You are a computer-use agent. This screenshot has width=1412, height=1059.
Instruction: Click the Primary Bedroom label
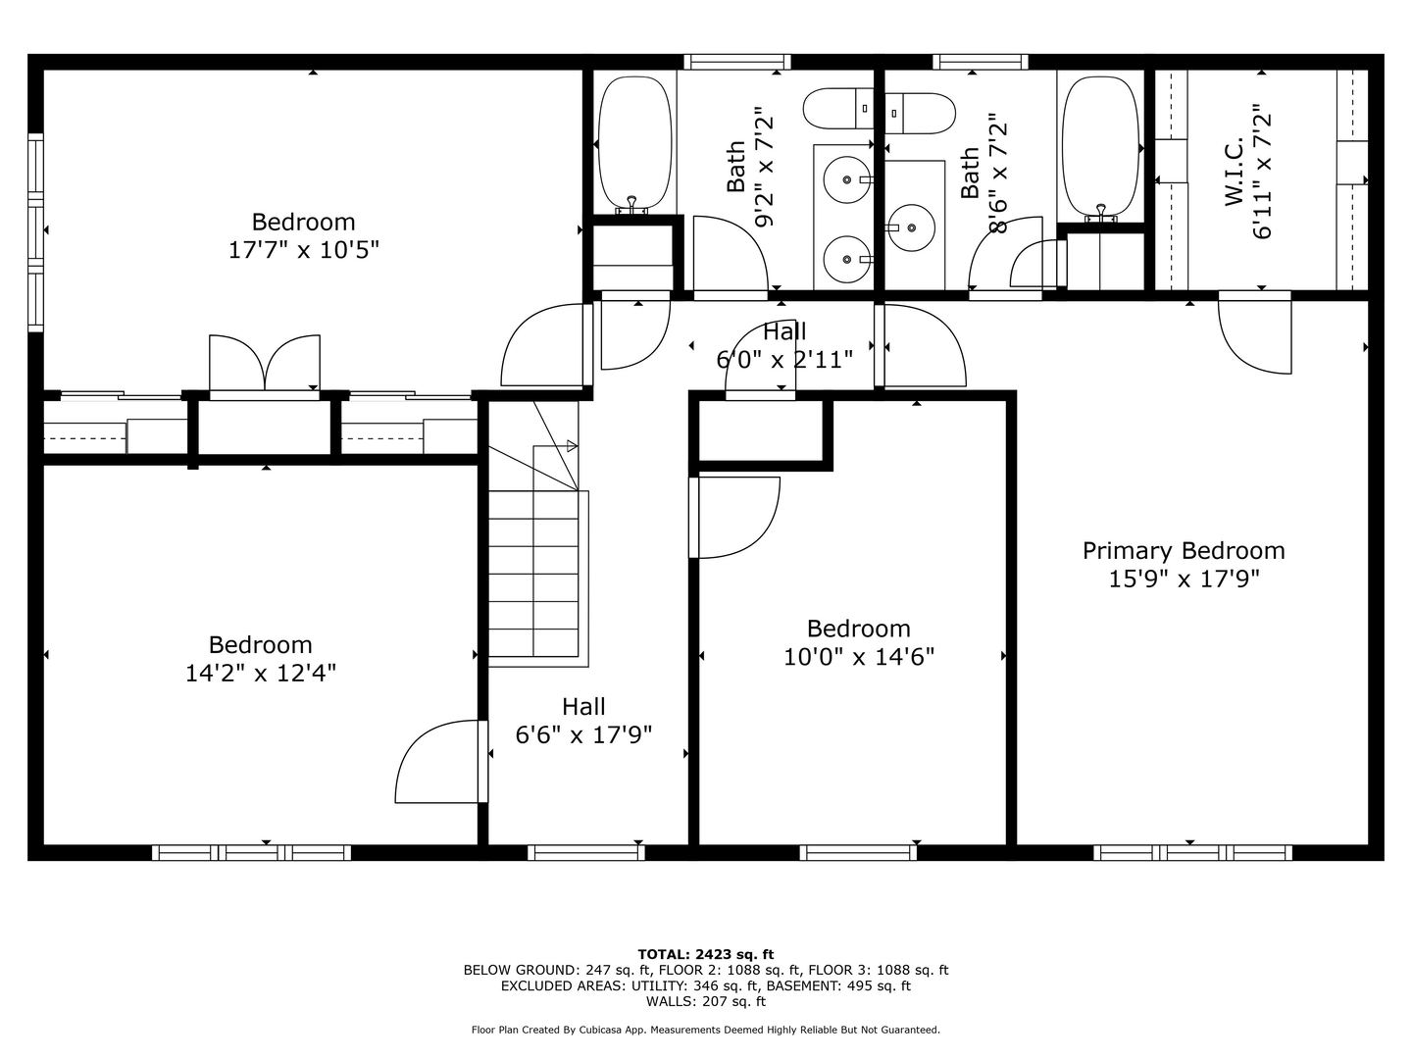[1184, 551]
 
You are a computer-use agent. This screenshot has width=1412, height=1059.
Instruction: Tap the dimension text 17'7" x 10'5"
[304, 250]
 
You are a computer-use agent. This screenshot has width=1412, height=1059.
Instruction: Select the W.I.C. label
[1234, 172]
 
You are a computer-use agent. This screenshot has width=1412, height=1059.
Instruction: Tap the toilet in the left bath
[837, 109]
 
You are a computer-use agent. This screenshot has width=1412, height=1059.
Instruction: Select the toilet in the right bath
[920, 113]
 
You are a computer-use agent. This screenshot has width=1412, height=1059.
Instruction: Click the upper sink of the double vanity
[843, 180]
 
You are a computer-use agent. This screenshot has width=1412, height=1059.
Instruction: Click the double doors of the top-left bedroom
[265, 365]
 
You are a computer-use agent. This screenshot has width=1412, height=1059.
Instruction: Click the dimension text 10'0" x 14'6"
[859, 656]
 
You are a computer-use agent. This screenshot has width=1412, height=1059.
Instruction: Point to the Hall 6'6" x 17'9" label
[583, 720]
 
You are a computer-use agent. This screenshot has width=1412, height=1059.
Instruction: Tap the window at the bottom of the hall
[586, 853]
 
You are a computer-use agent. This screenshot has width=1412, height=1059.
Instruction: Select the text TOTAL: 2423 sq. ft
[705, 953]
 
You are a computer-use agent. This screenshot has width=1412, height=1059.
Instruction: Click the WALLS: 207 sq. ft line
[705, 1001]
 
